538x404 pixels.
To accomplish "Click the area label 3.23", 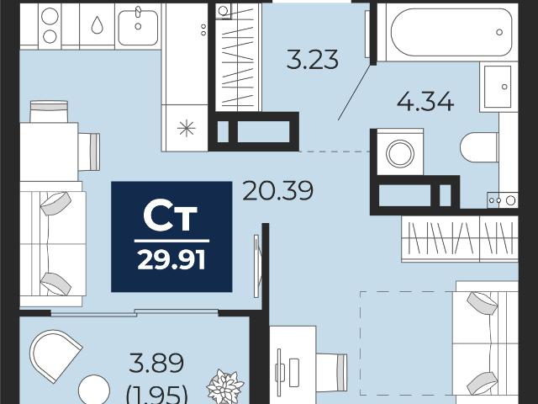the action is [x=312, y=60].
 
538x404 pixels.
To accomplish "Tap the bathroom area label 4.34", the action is [x=425, y=101].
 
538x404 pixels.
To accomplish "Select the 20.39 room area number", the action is [x=277, y=191].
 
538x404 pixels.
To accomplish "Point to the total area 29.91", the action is [x=171, y=260].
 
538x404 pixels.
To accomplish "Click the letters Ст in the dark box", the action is [x=171, y=217].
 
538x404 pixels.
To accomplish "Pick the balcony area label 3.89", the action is [x=156, y=363].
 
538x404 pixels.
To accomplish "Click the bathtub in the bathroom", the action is [x=451, y=32].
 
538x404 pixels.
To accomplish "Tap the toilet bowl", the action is [x=479, y=147].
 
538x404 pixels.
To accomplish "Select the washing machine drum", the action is [x=400, y=153].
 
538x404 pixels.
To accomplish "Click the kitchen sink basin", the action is [x=138, y=27].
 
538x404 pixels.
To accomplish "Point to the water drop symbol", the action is [x=98, y=25].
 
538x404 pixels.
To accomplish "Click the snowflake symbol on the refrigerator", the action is [x=187, y=129].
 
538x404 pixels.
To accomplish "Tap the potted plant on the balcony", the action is [x=224, y=386].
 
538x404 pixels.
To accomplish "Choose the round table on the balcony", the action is [x=94, y=390].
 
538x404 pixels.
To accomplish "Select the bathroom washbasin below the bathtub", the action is [x=498, y=87].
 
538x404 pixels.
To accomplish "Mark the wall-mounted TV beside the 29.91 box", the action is [x=256, y=266].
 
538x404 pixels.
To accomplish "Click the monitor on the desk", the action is [x=279, y=372].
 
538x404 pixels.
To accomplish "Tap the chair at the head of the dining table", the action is [x=49, y=111].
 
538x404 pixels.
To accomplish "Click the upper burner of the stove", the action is [x=50, y=17].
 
